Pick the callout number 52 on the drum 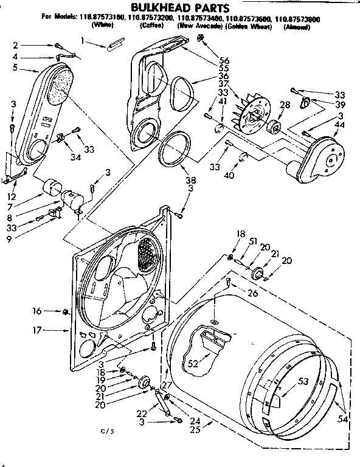point(193,364)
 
